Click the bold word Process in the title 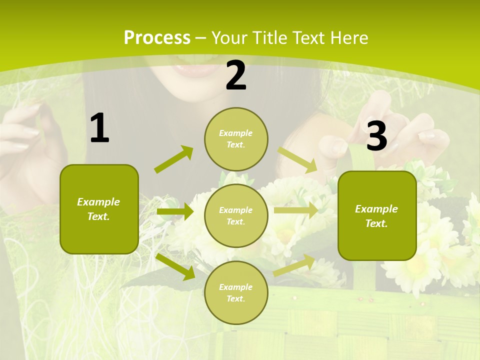click(x=157, y=37)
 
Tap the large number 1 click(x=99, y=128)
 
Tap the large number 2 click(x=236, y=75)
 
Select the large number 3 click(x=376, y=136)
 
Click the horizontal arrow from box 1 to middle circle click(x=175, y=211)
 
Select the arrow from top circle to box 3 click(x=297, y=159)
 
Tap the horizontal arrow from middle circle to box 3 click(x=296, y=210)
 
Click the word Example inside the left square click(x=98, y=202)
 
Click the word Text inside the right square click(x=376, y=223)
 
